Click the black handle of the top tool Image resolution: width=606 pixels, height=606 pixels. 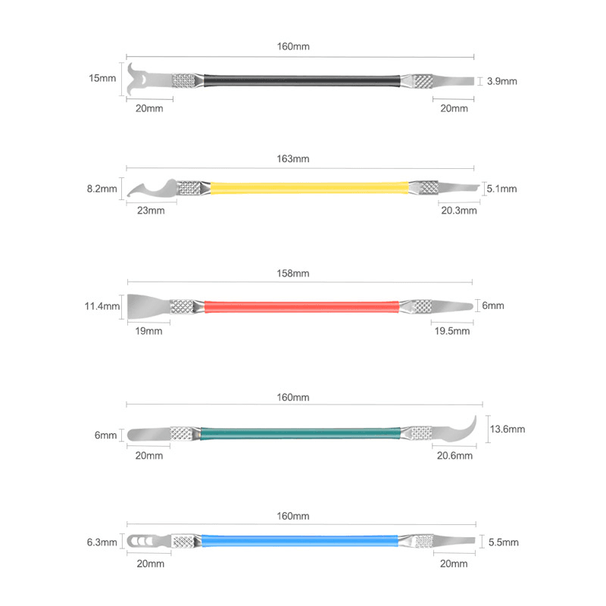(x=301, y=81)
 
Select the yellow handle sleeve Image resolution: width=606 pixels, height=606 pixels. (x=309, y=188)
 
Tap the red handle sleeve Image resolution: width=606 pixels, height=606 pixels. (x=301, y=307)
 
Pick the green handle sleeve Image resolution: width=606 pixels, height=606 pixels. (x=300, y=433)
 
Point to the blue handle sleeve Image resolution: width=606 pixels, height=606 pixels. (x=299, y=541)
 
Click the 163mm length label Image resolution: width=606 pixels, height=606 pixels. (x=293, y=159)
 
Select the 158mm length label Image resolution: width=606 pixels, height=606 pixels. (x=293, y=273)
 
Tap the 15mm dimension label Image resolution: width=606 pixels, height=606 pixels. (x=102, y=78)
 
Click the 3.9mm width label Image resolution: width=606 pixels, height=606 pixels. (x=502, y=81)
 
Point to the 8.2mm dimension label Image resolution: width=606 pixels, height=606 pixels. (x=102, y=189)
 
